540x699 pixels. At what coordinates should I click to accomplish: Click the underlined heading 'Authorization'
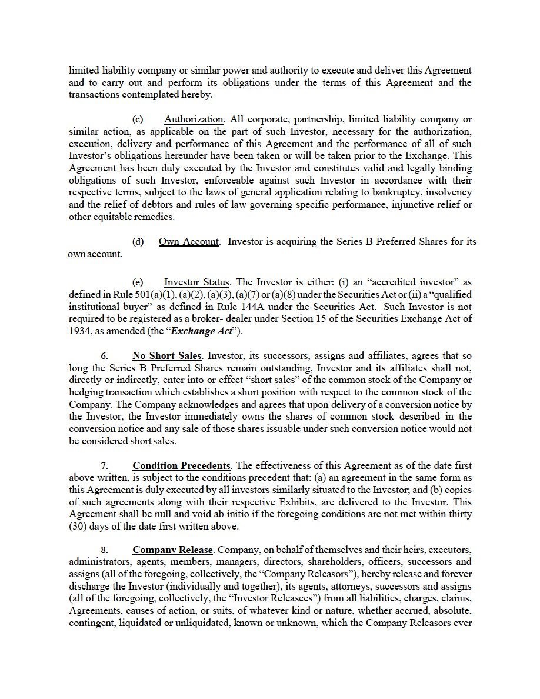(194, 119)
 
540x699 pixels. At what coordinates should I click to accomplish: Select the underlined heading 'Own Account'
(189, 242)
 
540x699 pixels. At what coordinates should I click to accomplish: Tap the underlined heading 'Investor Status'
(197, 282)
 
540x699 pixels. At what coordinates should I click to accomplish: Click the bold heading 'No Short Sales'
(167, 356)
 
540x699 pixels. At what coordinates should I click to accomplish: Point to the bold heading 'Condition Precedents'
(181, 466)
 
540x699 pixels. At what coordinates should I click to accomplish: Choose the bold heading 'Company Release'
(172, 550)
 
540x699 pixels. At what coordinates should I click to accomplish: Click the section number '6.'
(104, 356)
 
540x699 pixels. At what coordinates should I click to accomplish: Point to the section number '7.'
(104, 466)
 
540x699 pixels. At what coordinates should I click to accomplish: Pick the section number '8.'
(104, 550)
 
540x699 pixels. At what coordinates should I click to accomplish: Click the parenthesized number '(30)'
(79, 526)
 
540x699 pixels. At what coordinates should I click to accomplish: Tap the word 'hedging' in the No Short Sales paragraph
(86, 392)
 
